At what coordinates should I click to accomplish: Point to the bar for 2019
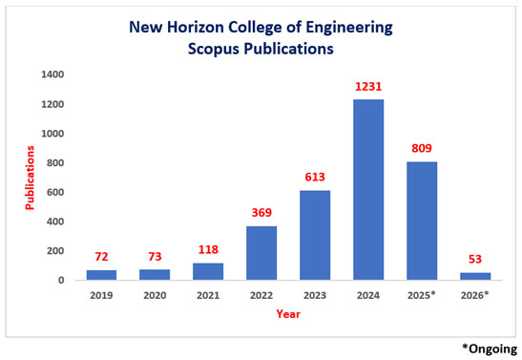click(x=102, y=275)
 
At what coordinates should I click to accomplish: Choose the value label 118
click(x=208, y=250)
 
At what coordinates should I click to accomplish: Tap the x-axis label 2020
click(x=156, y=295)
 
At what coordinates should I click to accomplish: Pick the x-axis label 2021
click(x=208, y=295)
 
